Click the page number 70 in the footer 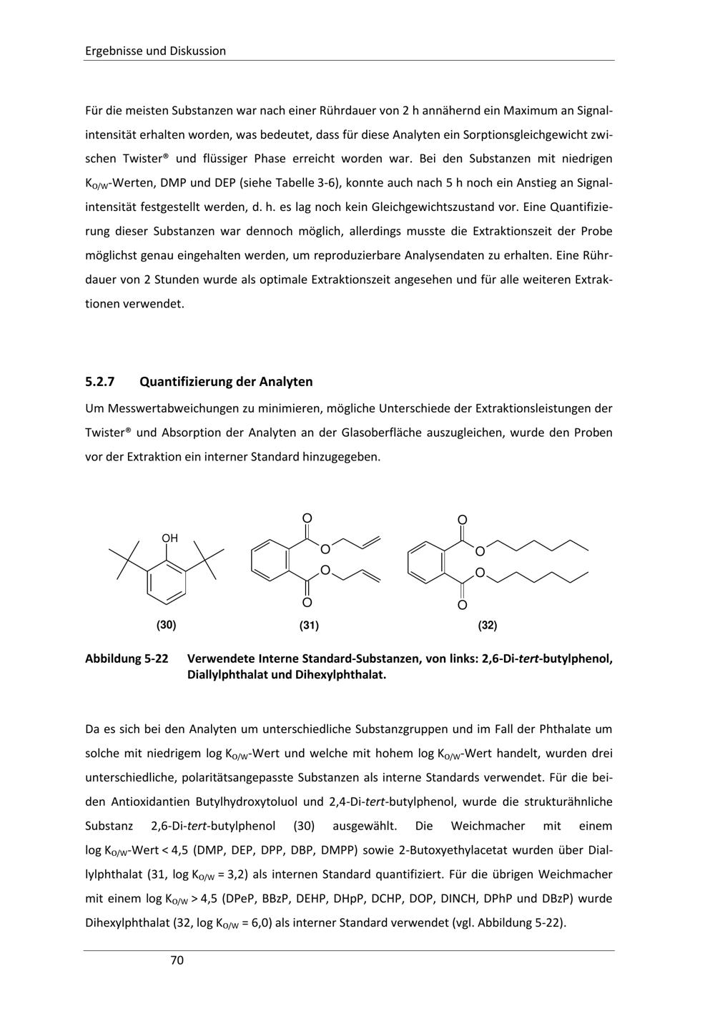click(177, 960)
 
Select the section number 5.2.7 click(100, 382)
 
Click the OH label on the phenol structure click(169, 538)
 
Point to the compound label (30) click(167, 625)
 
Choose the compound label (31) click(309, 626)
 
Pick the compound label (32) click(488, 626)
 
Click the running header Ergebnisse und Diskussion click(155, 51)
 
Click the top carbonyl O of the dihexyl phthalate click(462, 521)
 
